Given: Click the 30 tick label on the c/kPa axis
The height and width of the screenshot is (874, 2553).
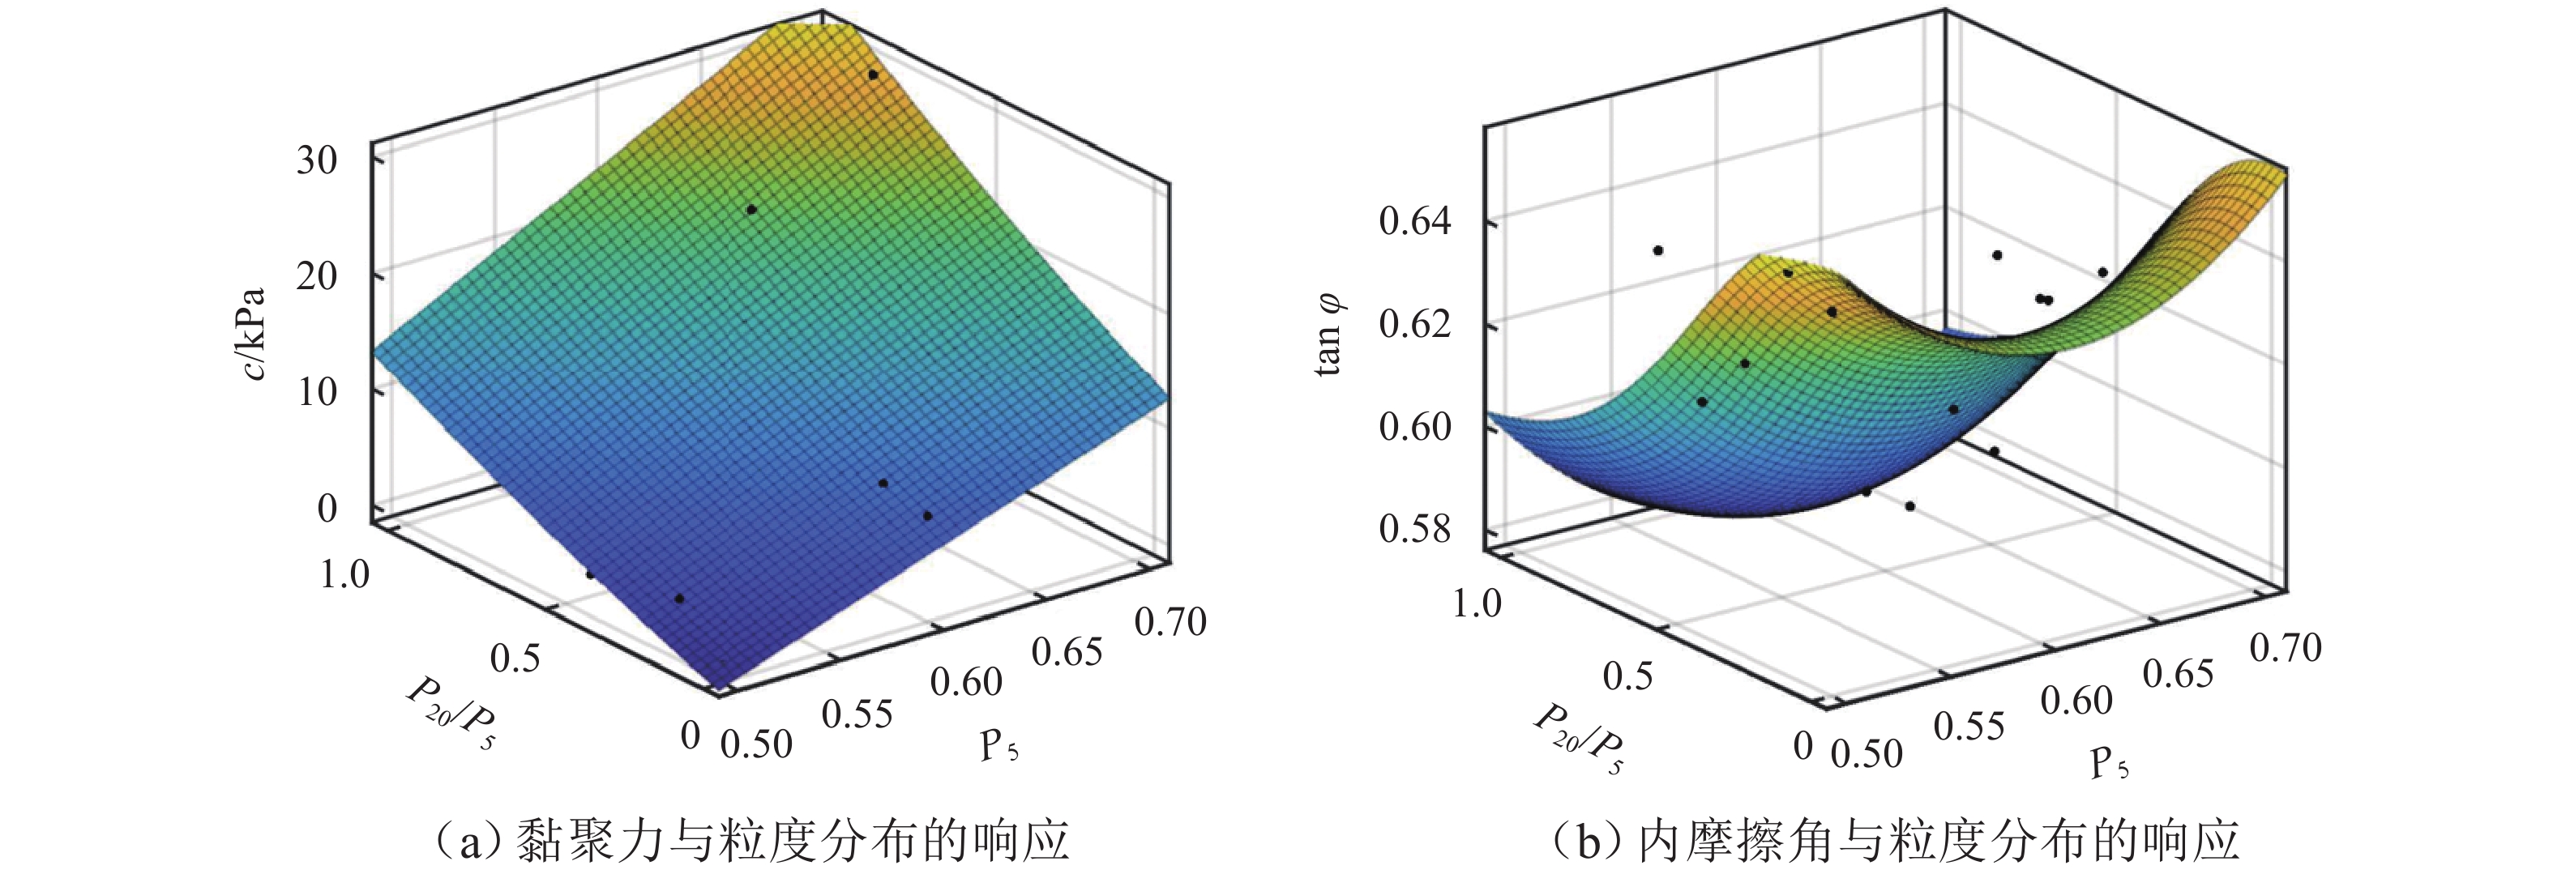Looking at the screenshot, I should click(316, 160).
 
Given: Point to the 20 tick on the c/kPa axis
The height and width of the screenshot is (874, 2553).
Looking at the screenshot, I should click(316, 275).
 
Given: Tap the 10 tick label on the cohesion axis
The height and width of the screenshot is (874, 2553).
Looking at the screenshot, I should click(316, 391).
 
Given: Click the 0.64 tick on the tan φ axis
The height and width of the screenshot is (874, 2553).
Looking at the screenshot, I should click(1414, 220).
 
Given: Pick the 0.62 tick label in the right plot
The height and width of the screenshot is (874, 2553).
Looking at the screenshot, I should click(1414, 323).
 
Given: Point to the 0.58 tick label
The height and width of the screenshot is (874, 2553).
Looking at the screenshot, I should click(1414, 528).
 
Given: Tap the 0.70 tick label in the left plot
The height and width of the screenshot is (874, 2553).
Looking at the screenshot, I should click(1170, 622).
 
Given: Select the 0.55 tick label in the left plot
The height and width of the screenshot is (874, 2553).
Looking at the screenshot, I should click(857, 714).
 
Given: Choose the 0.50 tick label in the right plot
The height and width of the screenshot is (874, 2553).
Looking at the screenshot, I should click(1867, 754).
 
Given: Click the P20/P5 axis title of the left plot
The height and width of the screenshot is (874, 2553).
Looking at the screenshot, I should click(451, 711).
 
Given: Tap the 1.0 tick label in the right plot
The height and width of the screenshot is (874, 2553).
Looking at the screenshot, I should click(1477, 603).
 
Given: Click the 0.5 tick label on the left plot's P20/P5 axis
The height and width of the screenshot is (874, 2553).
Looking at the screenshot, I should click(515, 658).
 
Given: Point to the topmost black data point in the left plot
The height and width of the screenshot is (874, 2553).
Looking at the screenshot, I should click(873, 75).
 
